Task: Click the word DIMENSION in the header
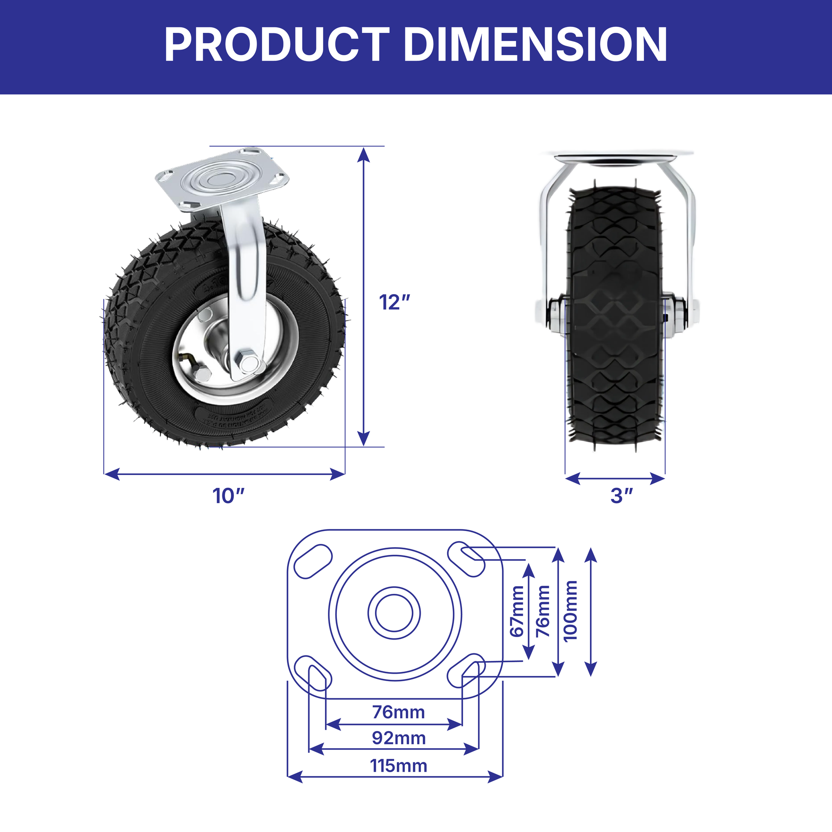tap(535, 45)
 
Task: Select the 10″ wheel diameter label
tap(229, 496)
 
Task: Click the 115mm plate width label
tap(399, 766)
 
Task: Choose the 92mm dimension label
tap(399, 738)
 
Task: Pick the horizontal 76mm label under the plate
tap(399, 712)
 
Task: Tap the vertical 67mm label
tap(517, 611)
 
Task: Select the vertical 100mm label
tap(570, 611)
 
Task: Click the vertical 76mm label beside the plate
tap(543, 611)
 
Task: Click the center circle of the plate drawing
tap(394, 613)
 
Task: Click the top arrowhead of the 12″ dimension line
tap(364, 154)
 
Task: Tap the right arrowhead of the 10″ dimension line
tap(338, 474)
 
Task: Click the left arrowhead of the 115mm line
tap(295, 777)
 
